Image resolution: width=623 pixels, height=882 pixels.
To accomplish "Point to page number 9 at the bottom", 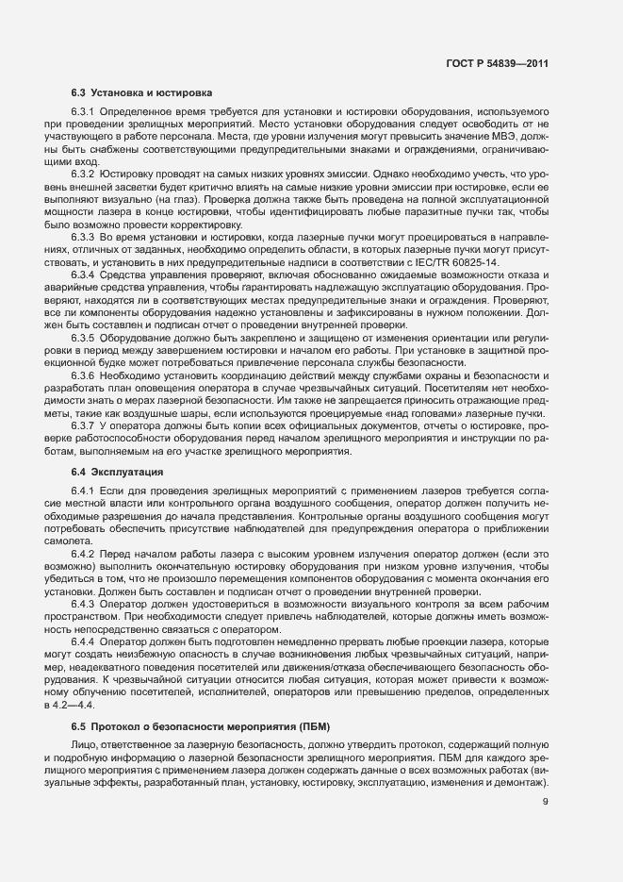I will (x=546, y=802).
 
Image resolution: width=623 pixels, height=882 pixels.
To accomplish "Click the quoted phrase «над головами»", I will (x=483, y=413).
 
